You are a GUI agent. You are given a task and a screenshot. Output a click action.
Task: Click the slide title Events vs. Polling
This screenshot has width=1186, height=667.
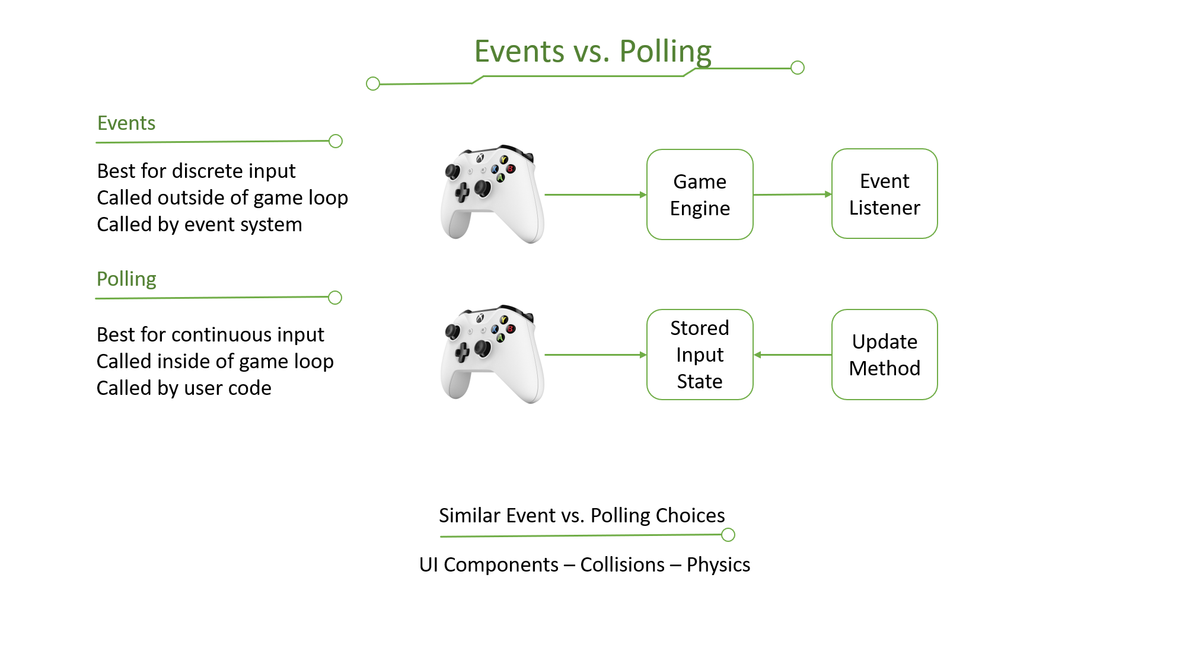(592, 52)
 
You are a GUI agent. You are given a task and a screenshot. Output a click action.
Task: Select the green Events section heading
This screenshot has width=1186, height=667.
(126, 123)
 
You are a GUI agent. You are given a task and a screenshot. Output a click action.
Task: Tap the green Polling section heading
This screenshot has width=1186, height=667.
(126, 279)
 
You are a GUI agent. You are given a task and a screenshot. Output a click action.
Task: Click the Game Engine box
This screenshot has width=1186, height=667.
(700, 194)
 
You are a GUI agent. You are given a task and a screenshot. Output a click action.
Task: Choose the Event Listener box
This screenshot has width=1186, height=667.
(884, 194)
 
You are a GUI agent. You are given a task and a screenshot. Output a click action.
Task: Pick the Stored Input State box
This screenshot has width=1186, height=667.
(700, 355)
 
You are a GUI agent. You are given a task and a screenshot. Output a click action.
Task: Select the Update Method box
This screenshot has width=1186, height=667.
(884, 355)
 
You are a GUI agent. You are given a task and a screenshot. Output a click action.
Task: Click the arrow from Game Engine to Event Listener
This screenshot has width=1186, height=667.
(792, 194)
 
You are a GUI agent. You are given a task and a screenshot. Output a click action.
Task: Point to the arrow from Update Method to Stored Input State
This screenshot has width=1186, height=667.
(792, 355)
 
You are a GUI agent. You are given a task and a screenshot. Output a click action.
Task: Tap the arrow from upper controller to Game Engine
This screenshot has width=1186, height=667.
(595, 194)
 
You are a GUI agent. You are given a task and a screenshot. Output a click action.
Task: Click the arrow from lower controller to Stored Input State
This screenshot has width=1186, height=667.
(595, 355)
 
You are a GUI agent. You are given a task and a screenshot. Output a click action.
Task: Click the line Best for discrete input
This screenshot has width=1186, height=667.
(196, 171)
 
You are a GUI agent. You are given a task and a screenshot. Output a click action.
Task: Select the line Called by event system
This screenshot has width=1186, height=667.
(199, 224)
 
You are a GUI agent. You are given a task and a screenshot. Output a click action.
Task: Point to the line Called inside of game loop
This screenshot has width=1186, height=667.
(215, 361)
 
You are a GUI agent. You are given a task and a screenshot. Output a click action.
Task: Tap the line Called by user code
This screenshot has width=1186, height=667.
(184, 388)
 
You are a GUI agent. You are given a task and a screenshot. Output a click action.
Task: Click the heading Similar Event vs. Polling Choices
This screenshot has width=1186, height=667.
(582, 515)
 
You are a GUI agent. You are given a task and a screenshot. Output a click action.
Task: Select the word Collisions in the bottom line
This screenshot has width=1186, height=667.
(622, 564)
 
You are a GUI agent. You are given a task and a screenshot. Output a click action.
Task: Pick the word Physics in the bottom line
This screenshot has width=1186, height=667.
(718, 564)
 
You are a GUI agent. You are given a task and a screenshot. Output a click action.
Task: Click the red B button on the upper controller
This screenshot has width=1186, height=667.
(511, 169)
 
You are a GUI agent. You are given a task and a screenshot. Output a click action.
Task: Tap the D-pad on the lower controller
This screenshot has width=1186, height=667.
(462, 352)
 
